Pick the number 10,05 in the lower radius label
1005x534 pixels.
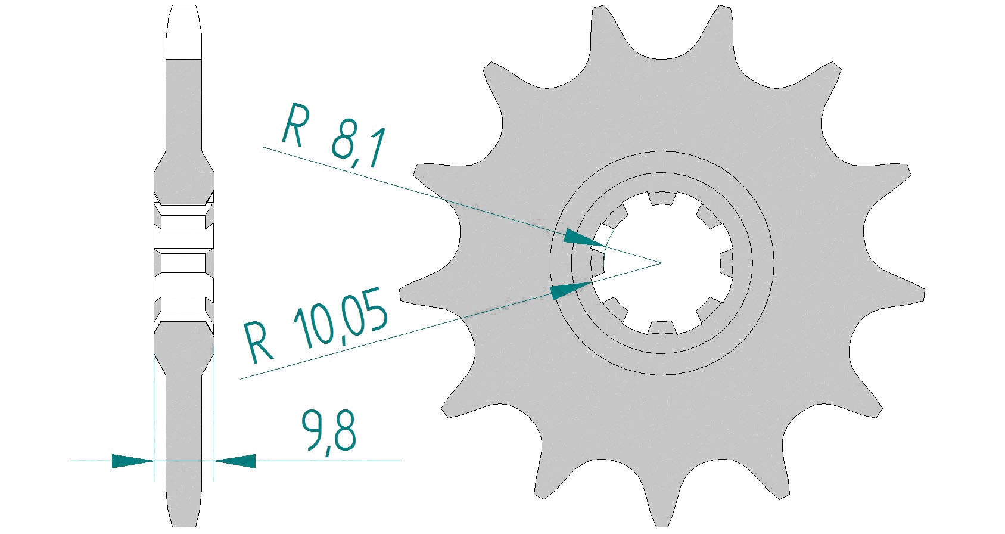coord(340,318)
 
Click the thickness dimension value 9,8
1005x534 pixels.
coord(328,431)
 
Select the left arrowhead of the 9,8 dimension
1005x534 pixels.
coord(133,461)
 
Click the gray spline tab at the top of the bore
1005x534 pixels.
coord(662,198)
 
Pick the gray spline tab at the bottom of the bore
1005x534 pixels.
coord(662,327)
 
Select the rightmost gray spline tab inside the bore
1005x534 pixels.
coord(726,263)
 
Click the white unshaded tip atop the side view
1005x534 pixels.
coord(183,32)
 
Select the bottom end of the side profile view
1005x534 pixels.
coord(184,527)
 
